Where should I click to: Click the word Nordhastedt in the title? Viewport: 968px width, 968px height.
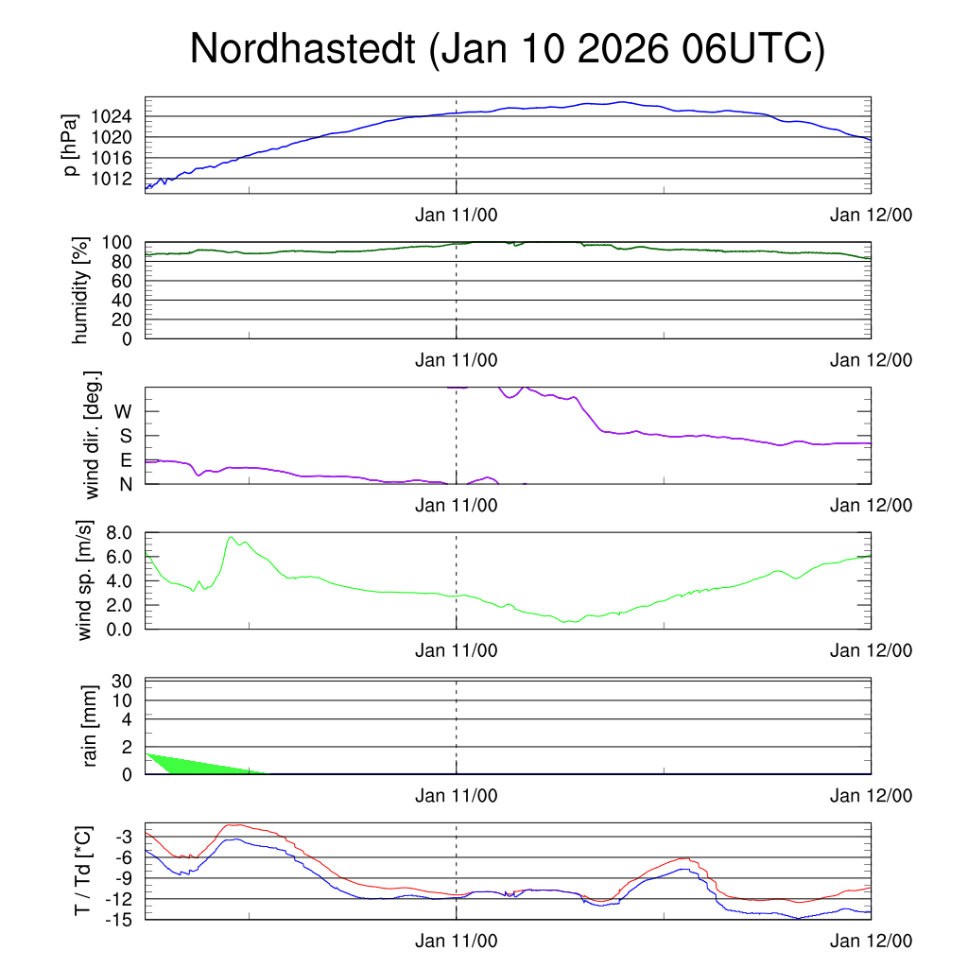[304, 49]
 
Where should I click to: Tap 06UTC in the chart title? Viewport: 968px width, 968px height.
[752, 49]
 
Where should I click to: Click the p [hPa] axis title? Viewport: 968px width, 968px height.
[70, 144]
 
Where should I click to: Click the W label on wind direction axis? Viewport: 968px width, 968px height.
[124, 411]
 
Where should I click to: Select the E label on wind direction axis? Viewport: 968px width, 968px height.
[126, 460]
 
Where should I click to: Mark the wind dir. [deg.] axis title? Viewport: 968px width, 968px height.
[92, 436]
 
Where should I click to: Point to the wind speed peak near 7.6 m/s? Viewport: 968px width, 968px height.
[232, 538]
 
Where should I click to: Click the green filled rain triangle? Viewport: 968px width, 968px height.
[189, 764]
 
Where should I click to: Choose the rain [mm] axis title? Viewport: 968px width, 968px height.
[91, 726]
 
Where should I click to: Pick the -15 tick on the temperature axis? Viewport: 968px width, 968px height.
[123, 918]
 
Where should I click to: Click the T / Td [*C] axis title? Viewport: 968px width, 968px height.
[83, 871]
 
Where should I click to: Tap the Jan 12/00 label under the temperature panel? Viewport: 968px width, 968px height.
[871, 941]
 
